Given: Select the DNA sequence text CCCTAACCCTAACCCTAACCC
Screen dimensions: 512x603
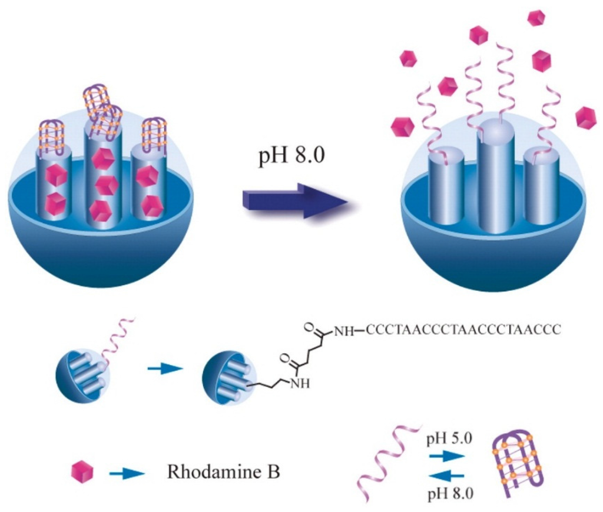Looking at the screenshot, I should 463,330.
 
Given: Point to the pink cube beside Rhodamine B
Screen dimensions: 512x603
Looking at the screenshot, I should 82,471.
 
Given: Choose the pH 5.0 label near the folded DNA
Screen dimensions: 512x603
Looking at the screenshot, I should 446,438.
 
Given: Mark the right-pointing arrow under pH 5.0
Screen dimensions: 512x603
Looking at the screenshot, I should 446,455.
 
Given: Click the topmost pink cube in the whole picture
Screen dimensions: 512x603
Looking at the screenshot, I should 536,18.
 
